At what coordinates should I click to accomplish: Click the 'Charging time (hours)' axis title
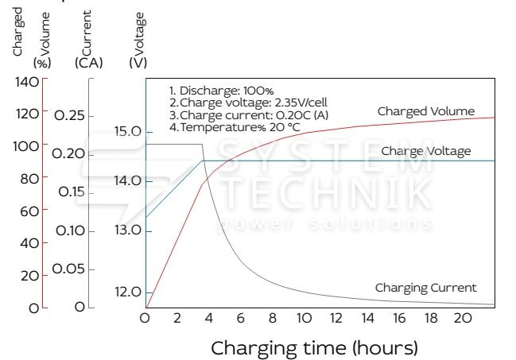(x=314, y=347)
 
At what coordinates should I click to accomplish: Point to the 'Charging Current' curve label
(x=425, y=288)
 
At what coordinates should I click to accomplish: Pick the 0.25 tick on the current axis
(x=69, y=116)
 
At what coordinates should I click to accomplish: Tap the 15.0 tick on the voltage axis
(x=127, y=130)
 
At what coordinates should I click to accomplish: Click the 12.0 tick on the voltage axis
(x=127, y=292)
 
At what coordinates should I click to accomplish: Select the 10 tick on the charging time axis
(x=304, y=318)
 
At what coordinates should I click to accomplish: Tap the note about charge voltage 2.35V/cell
(x=248, y=103)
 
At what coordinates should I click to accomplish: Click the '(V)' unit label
(x=137, y=62)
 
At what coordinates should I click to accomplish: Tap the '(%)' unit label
(x=41, y=62)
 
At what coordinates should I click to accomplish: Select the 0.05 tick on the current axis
(x=69, y=269)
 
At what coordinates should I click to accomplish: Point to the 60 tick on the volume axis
(x=29, y=211)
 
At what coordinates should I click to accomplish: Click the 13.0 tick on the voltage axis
(x=127, y=230)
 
